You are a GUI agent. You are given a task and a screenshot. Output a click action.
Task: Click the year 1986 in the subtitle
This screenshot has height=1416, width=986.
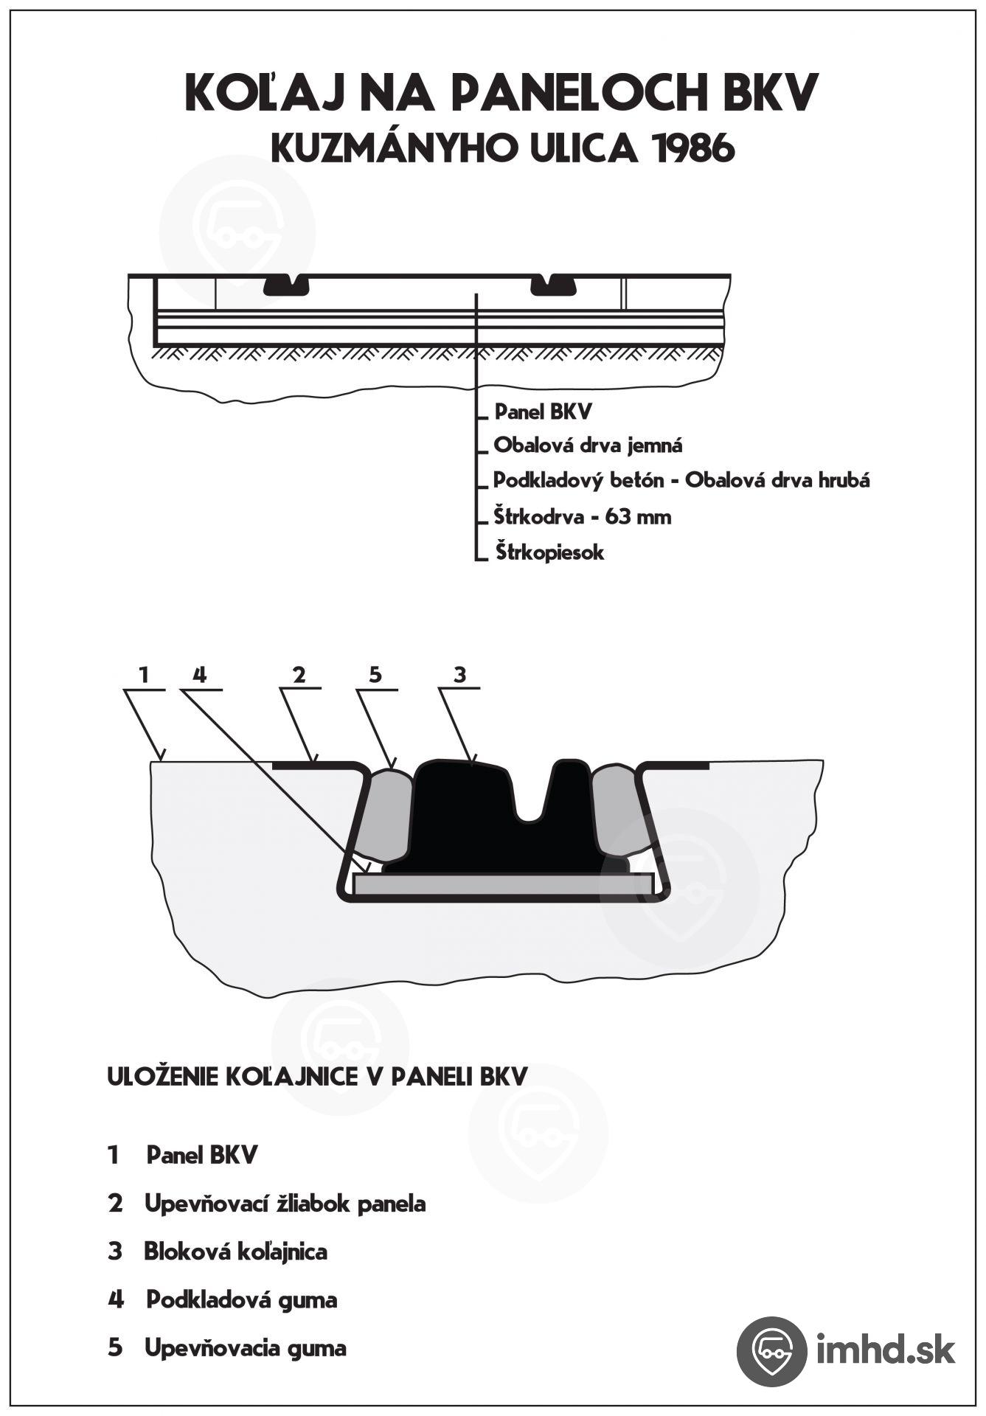pyautogui.click(x=694, y=150)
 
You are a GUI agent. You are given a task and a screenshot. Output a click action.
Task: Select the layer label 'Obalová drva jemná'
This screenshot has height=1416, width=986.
pyautogui.click(x=588, y=445)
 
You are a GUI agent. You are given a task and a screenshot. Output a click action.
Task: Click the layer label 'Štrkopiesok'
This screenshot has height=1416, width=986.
pyautogui.click(x=549, y=552)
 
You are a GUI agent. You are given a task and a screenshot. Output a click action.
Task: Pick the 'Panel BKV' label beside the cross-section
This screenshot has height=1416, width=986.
pyautogui.click(x=543, y=412)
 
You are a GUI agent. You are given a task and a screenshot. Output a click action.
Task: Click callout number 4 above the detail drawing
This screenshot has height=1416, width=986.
pyautogui.click(x=199, y=674)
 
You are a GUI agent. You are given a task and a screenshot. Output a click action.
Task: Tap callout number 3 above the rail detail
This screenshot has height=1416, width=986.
pyautogui.click(x=459, y=674)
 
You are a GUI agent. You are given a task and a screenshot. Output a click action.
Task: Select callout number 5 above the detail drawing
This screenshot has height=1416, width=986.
pyautogui.click(x=375, y=674)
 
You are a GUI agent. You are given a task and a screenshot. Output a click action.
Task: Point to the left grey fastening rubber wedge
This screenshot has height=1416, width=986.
pyautogui.click(x=385, y=815)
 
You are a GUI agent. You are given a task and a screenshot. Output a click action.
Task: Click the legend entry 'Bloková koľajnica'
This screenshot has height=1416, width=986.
pyautogui.click(x=235, y=1252)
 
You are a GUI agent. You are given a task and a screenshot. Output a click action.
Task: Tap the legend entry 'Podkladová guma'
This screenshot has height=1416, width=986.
pyautogui.click(x=241, y=1299)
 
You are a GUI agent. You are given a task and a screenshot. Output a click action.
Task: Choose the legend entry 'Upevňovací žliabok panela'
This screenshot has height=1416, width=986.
pyautogui.click(x=285, y=1204)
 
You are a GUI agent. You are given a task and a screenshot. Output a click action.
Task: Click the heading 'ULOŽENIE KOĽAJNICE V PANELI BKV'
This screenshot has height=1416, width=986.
pyautogui.click(x=317, y=1077)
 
